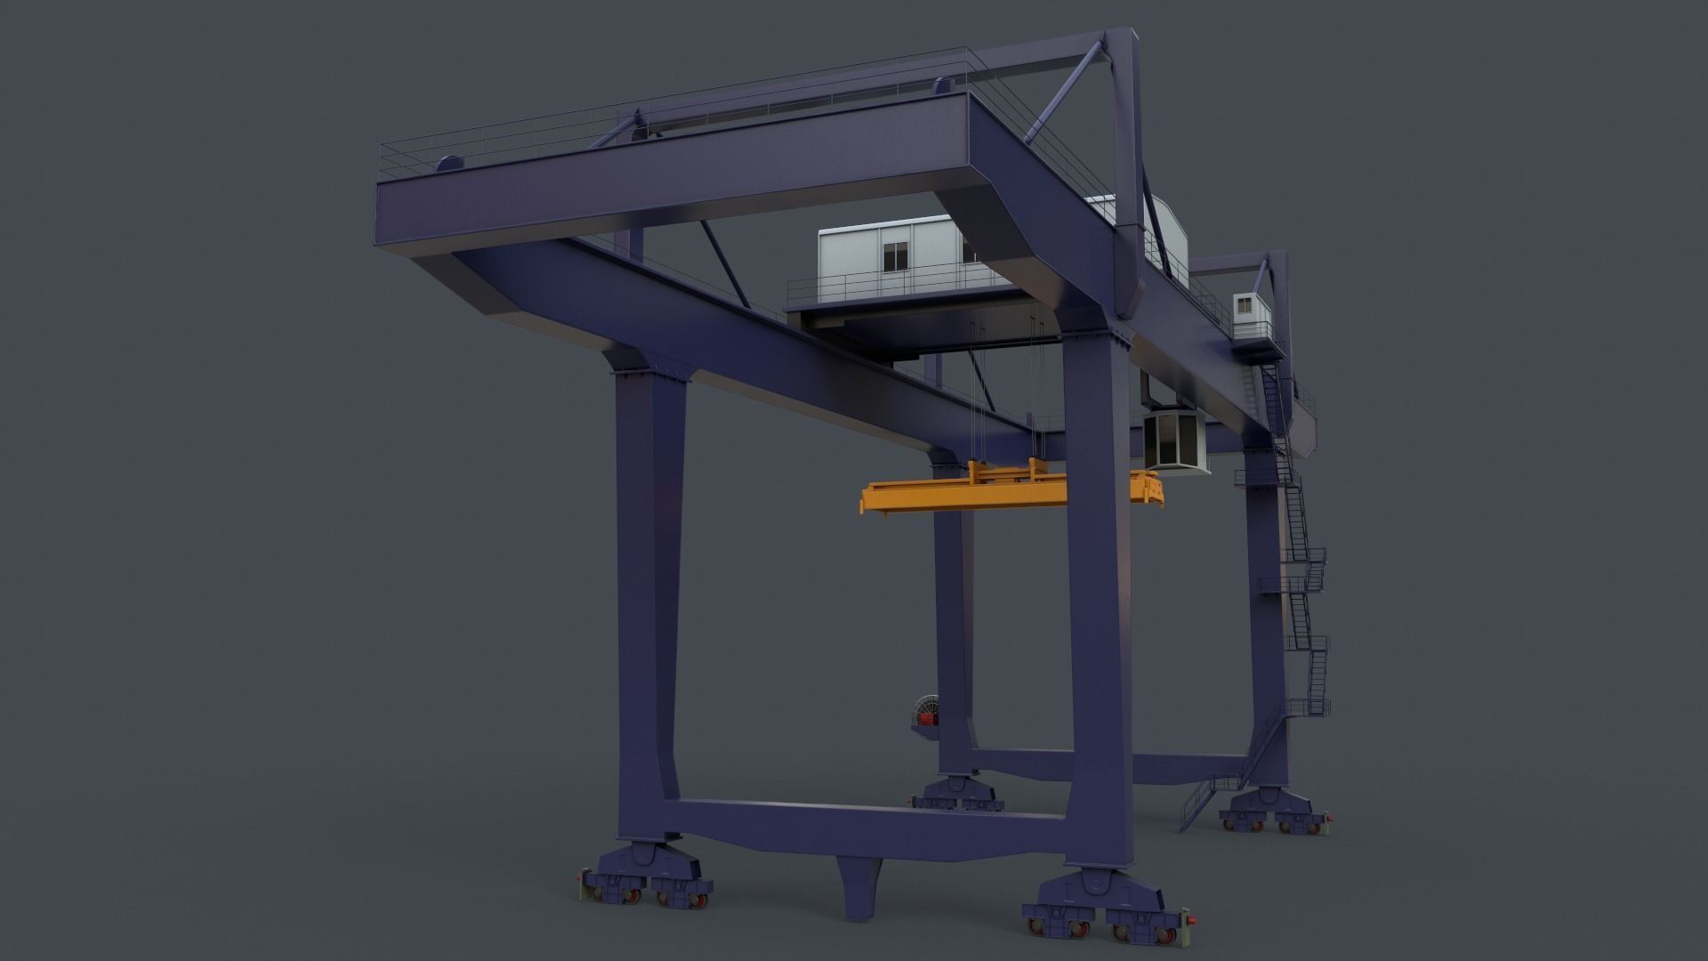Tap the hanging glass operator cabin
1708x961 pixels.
1173,443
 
